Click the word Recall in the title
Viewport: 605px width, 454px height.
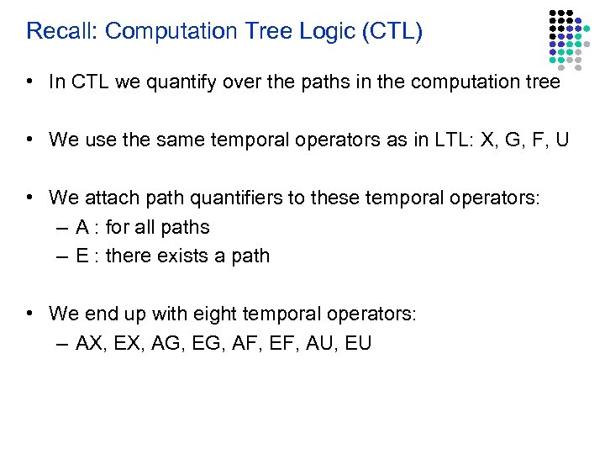pyautogui.click(x=59, y=32)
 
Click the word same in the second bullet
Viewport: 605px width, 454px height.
pyautogui.click(x=171, y=139)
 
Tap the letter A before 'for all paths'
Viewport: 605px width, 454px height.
pyautogui.click(x=82, y=227)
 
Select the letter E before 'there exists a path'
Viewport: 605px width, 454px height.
pyautogui.click(x=82, y=256)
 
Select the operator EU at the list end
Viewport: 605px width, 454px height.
pyautogui.click(x=358, y=343)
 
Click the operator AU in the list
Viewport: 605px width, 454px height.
pyautogui.click(x=318, y=343)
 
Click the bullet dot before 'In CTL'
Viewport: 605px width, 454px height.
pyautogui.click(x=29, y=82)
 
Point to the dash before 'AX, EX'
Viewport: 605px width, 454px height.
pyautogui.click(x=64, y=343)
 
